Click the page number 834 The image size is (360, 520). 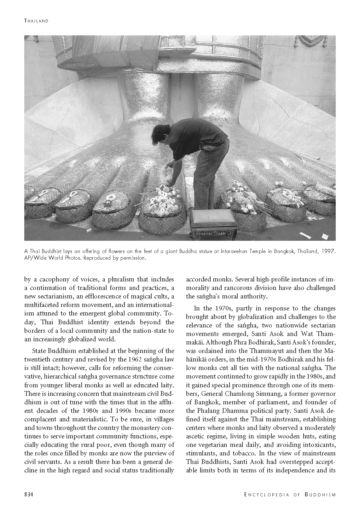coord(29,494)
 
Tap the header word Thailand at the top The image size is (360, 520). coord(36,21)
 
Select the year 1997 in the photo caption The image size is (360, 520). coord(328,251)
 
